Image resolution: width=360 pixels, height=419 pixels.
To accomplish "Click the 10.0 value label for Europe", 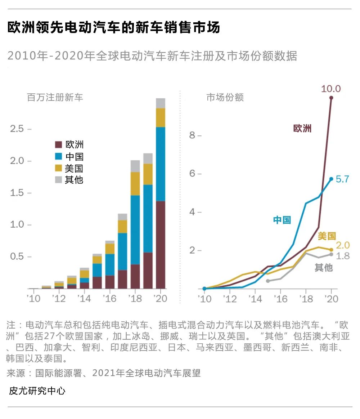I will click(330, 89).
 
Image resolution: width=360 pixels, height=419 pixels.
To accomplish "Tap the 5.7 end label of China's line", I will click(342, 179).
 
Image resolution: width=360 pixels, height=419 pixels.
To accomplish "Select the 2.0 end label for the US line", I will click(342, 245).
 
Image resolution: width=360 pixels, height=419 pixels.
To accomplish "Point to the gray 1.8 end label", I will click(342, 256).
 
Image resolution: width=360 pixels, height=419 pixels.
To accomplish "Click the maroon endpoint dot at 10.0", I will click(331, 98).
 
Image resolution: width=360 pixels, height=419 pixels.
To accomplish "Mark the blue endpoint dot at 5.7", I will click(331, 179).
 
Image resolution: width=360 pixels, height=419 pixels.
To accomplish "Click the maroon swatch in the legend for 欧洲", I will click(58, 145).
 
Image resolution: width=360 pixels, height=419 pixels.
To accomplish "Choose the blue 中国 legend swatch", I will click(58, 156).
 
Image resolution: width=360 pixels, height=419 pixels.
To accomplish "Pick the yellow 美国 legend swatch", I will click(58, 168).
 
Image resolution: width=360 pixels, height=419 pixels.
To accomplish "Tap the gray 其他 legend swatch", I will click(58, 179).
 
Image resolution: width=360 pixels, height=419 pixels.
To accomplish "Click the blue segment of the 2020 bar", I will click(161, 164).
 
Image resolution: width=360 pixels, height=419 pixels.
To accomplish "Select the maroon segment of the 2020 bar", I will click(161, 245).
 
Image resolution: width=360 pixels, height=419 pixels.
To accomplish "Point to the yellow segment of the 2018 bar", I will click(135, 184).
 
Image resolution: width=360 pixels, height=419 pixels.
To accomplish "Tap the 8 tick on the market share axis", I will click(192, 135).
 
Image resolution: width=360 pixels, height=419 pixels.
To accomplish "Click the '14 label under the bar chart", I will click(84, 299).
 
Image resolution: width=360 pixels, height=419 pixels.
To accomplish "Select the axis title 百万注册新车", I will click(55, 98).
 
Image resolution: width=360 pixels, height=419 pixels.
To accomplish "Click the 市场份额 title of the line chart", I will click(225, 98).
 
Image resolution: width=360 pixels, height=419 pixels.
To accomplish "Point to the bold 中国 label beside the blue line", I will click(282, 220).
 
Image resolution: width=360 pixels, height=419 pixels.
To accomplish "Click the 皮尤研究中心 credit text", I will click(37, 391).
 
